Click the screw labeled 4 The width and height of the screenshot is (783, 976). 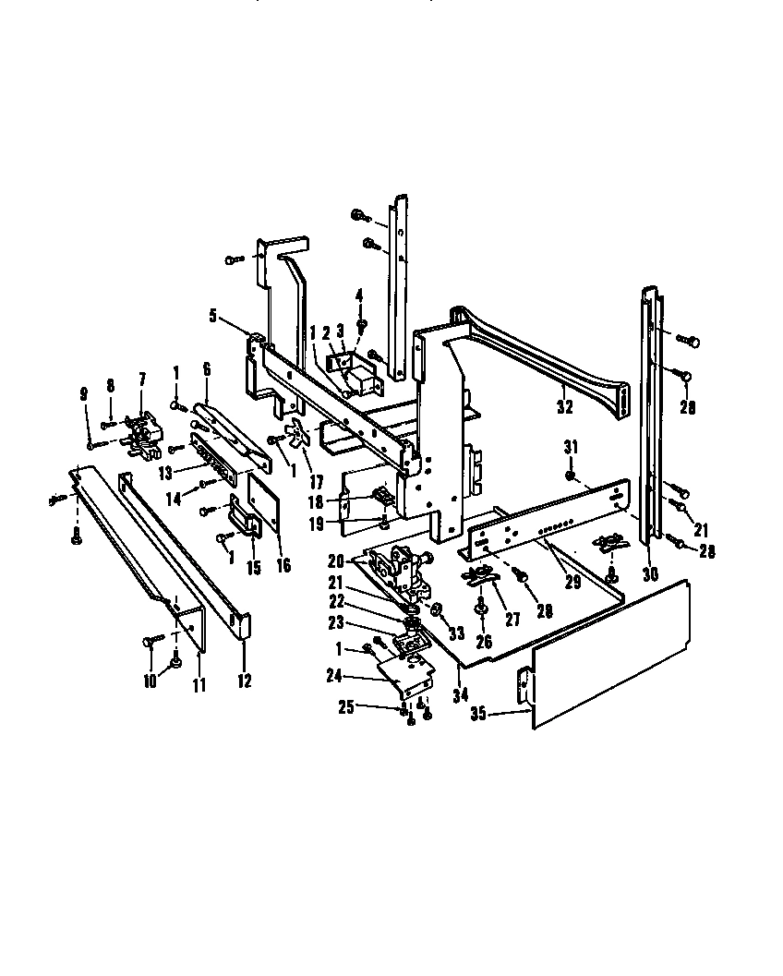pyautogui.click(x=362, y=324)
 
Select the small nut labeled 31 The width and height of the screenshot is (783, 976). pyautogui.click(x=571, y=476)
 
